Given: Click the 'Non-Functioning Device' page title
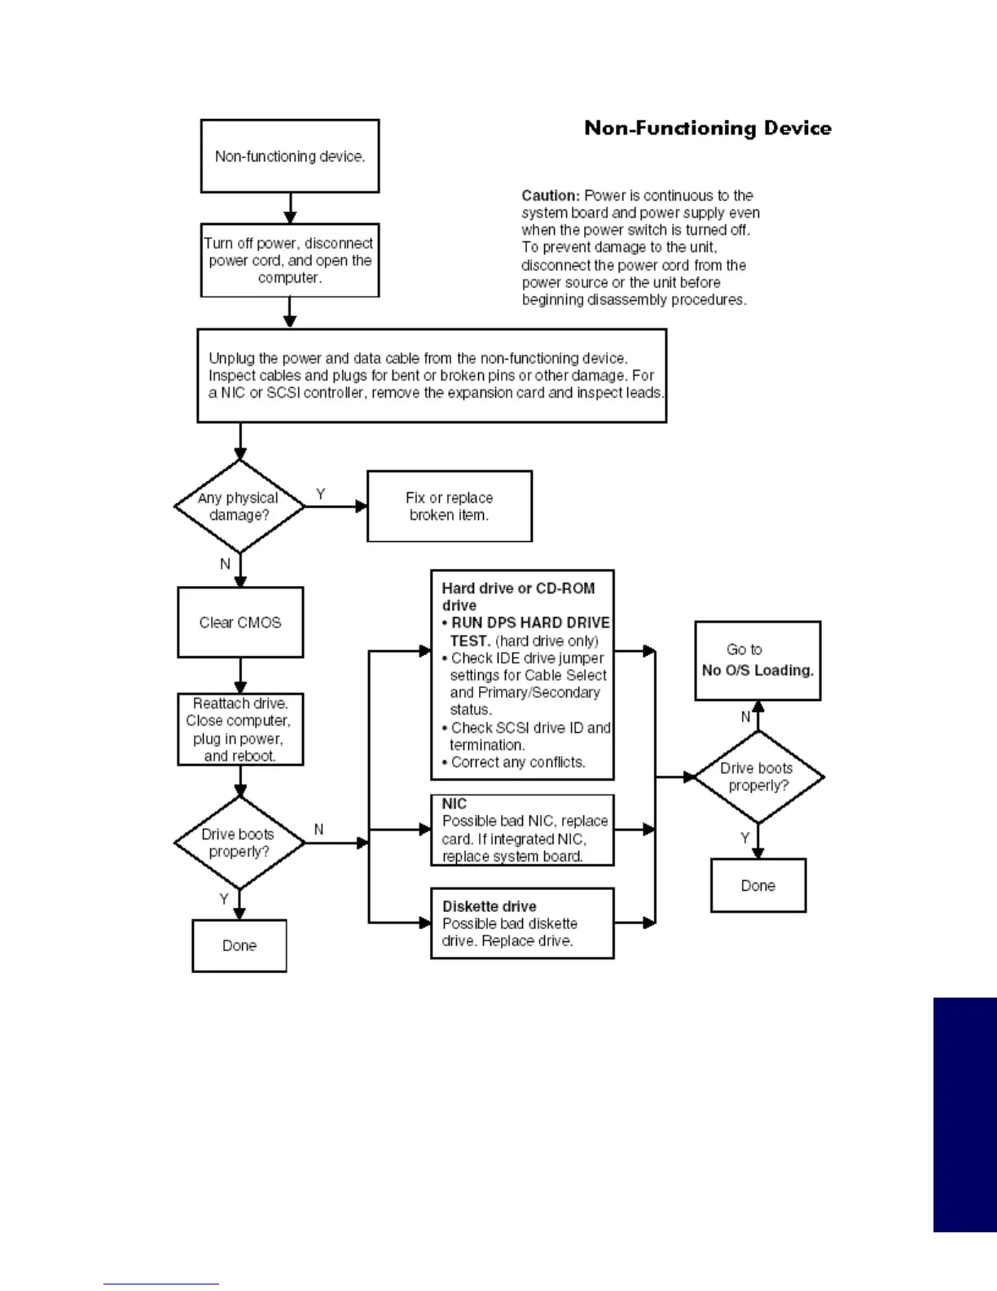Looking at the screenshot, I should [x=708, y=129].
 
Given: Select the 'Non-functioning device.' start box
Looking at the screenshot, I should [x=290, y=156].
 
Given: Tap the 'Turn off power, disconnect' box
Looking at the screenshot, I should [x=290, y=260].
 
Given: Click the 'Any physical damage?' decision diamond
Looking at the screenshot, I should [x=239, y=506].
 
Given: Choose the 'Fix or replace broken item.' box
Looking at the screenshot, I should [x=450, y=506].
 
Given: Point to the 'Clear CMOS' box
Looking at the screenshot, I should [x=240, y=623].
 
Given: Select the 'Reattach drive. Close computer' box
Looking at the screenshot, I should [x=240, y=729].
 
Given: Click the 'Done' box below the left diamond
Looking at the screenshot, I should [x=239, y=945].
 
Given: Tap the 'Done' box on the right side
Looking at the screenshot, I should [x=758, y=886].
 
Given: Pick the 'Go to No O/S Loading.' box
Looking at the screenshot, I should [x=758, y=661].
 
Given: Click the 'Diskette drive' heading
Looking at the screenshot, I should [x=490, y=906].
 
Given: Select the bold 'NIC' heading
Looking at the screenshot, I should [x=455, y=804].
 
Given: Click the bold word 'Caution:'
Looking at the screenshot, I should [x=551, y=196].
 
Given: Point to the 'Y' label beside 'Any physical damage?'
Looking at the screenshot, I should [x=321, y=494].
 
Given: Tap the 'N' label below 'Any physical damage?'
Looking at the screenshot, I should [x=225, y=564].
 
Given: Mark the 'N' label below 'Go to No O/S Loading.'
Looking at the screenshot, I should [x=745, y=717].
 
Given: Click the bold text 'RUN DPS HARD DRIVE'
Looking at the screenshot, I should [x=530, y=623].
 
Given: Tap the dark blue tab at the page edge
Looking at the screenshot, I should [x=965, y=1114].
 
